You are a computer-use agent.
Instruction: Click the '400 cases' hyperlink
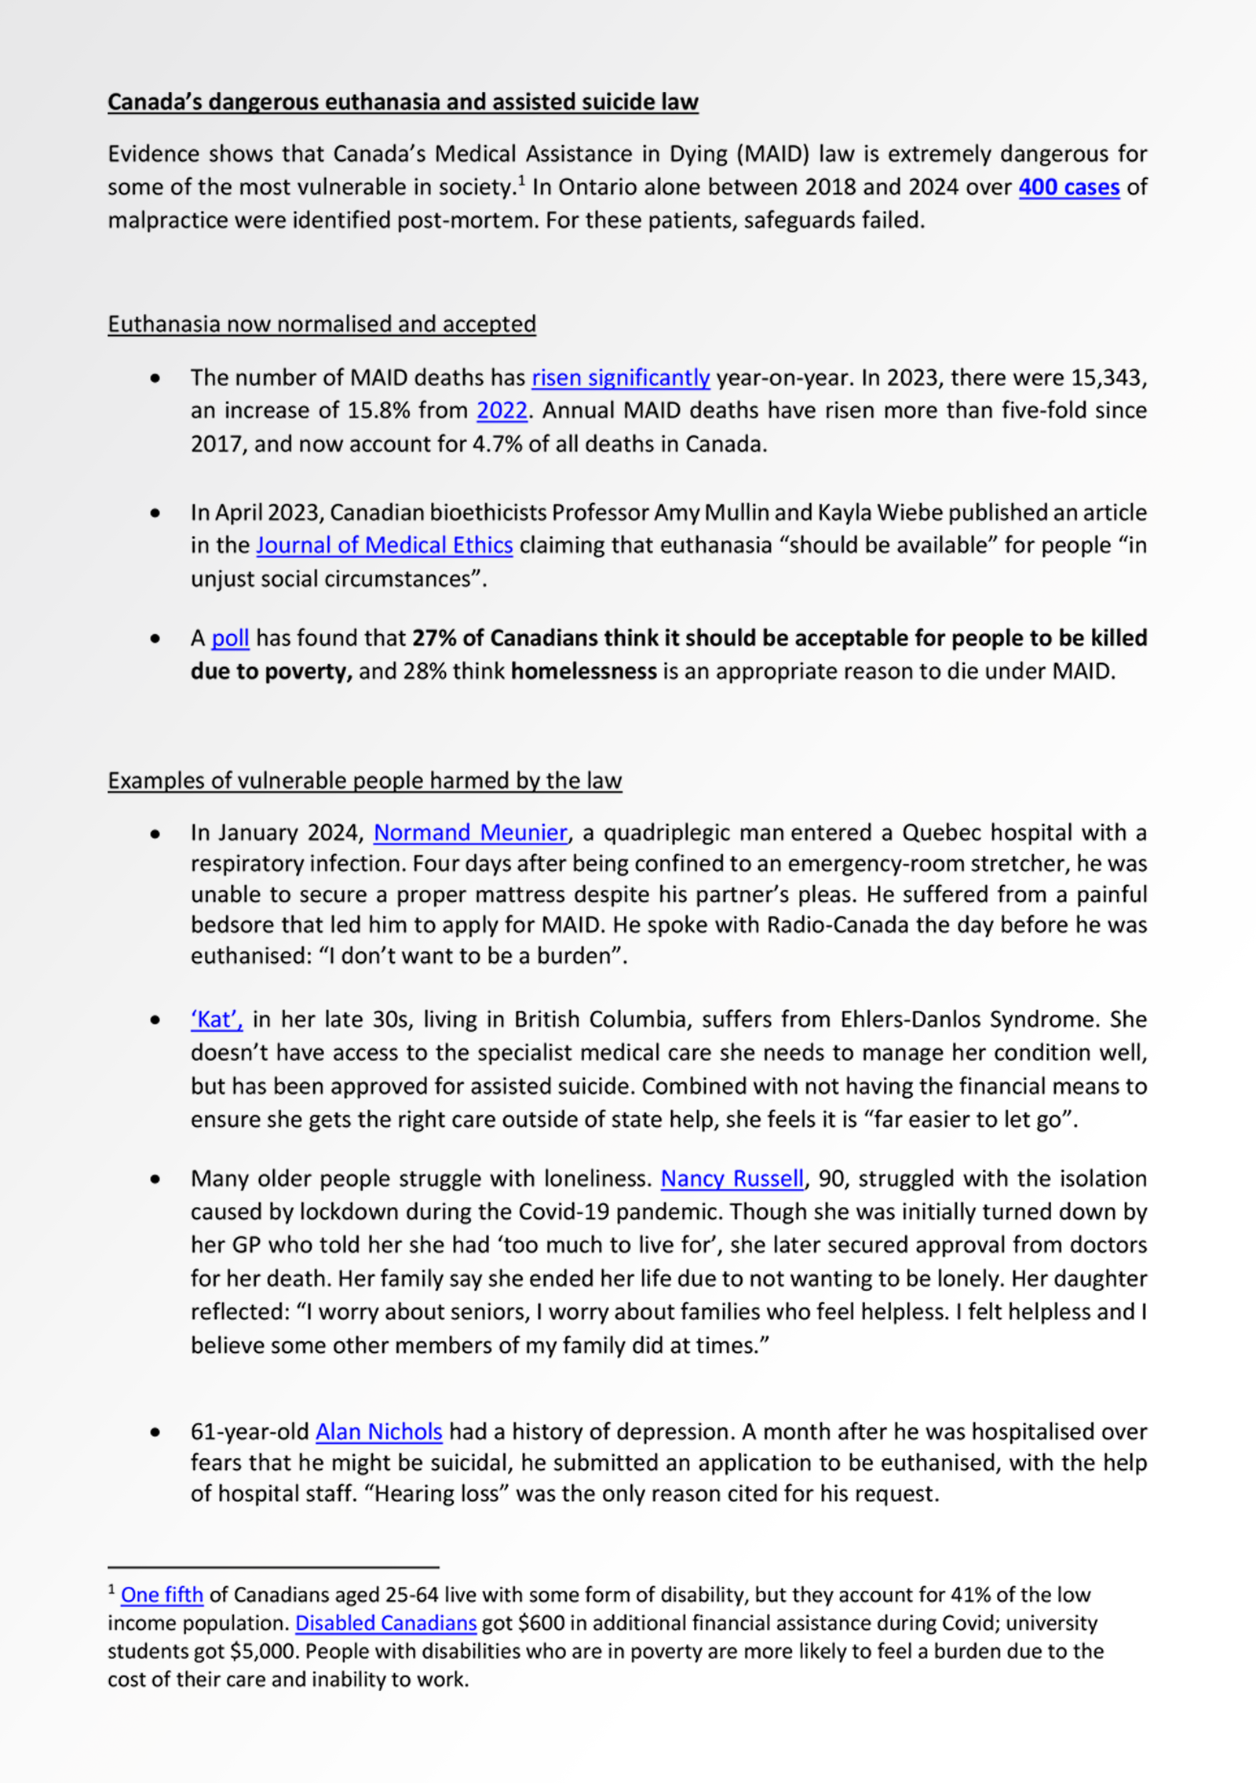point(1068,188)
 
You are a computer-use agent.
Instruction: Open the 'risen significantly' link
point(620,378)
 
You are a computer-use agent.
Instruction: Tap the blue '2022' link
point(502,410)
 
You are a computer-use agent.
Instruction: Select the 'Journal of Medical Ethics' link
point(385,545)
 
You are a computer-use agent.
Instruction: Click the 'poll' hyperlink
point(230,638)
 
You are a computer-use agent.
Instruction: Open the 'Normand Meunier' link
point(470,833)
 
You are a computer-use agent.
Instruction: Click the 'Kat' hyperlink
point(216,1019)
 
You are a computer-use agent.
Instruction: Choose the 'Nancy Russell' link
point(732,1179)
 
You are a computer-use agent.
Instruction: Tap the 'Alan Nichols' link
point(378,1432)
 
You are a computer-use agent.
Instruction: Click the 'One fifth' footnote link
point(162,1595)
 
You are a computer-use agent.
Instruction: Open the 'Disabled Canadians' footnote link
point(385,1623)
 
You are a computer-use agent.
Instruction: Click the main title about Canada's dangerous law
point(403,102)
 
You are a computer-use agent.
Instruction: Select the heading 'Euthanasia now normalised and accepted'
point(322,324)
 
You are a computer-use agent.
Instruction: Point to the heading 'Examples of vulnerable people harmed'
point(365,781)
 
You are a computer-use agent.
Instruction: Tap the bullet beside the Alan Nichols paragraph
point(155,1432)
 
